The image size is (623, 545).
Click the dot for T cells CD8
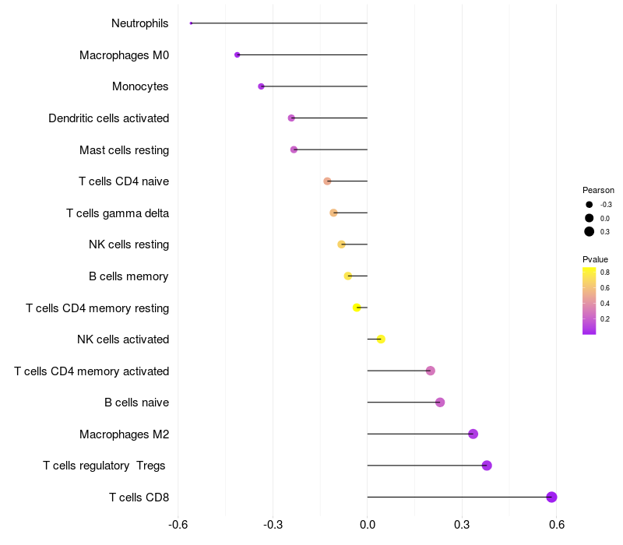pos(551,497)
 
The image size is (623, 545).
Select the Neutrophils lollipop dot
pos(191,23)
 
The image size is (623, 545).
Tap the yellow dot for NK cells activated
pos(381,339)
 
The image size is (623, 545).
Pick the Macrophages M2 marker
pos(473,434)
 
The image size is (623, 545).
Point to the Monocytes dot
pos(261,86)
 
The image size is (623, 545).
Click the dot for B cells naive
pos(440,403)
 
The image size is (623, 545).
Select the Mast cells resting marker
pos(294,149)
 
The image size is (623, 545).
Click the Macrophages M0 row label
pos(124,55)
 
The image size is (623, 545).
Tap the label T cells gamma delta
pos(118,213)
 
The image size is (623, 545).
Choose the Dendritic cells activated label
pos(108,118)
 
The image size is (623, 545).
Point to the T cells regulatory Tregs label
pos(104,466)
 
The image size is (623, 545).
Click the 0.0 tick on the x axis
pos(368,525)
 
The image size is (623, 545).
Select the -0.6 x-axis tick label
pos(178,525)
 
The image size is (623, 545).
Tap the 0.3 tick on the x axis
pos(462,525)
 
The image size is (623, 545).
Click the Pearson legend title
pos(598,190)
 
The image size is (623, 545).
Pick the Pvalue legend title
pos(595,259)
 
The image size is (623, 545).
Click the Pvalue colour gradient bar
pos(590,301)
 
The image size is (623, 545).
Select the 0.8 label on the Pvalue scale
pos(605,272)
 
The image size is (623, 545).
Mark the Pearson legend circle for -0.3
pos(590,205)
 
